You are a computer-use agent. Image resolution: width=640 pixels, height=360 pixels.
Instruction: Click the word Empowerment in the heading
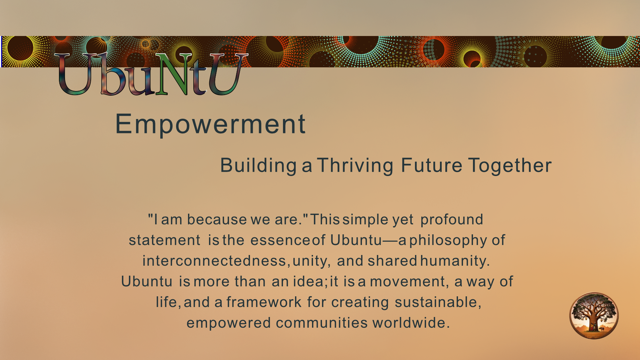pyautogui.click(x=210, y=124)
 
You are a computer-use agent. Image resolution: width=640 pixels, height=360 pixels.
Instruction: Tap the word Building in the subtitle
pyautogui.click(x=258, y=166)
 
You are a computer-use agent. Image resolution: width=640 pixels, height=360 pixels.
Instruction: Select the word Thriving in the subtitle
pyautogui.click(x=355, y=166)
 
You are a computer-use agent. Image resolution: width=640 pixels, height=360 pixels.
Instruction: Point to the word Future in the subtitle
pyautogui.click(x=432, y=165)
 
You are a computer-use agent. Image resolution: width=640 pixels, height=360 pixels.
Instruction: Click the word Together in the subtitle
pyautogui.click(x=510, y=166)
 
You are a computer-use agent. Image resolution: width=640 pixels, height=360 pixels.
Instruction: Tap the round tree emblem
pyautogui.click(x=594, y=316)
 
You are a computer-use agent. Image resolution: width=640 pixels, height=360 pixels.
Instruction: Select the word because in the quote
pyautogui.click(x=217, y=219)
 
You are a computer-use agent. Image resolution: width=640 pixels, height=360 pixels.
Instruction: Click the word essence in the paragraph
pyautogui.click(x=280, y=240)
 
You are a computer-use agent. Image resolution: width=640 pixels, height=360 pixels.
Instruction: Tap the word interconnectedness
pyautogui.click(x=214, y=261)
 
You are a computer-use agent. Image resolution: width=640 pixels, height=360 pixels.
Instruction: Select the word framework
pyautogui.click(x=264, y=302)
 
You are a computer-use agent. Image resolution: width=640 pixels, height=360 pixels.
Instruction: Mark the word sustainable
pyautogui.click(x=436, y=302)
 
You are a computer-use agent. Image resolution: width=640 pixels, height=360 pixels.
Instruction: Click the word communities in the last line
pyautogui.click(x=322, y=323)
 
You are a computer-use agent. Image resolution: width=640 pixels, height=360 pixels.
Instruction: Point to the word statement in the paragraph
pyautogui.click(x=165, y=240)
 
